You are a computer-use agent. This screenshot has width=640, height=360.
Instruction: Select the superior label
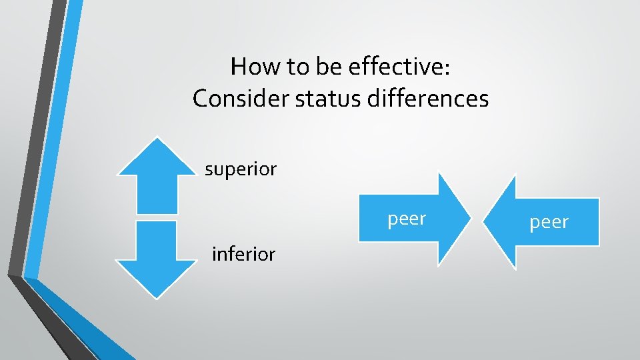241,169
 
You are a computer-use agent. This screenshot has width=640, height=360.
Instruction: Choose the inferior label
243,254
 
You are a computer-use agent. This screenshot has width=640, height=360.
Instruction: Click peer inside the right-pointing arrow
407,218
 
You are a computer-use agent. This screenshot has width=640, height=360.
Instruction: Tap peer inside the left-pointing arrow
549,222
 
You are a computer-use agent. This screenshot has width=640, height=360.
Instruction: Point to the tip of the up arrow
157,139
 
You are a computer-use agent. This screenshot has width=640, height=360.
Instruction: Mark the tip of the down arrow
157,297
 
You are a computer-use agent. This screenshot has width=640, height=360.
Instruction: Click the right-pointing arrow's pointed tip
470,219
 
